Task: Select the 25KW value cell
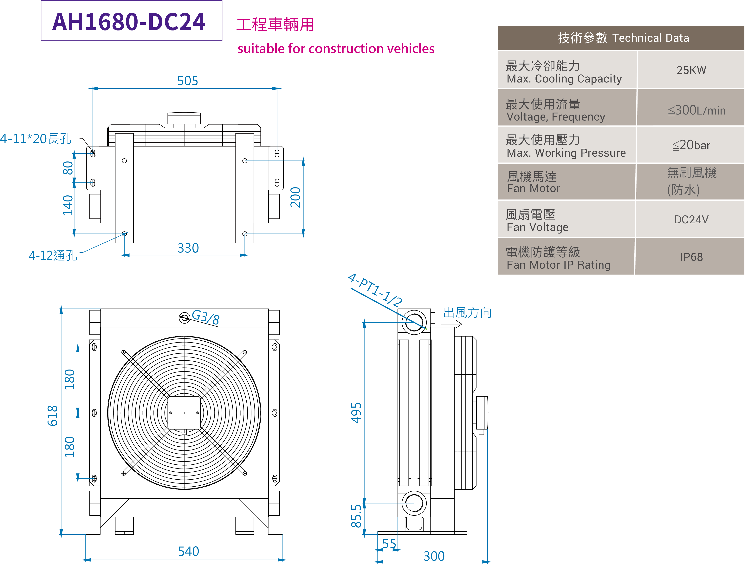(x=691, y=70)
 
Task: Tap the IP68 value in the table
(x=691, y=257)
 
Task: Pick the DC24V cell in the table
(x=691, y=220)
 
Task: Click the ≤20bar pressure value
(x=691, y=145)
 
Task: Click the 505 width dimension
(x=188, y=81)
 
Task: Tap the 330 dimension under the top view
(x=188, y=248)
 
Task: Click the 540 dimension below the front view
(x=189, y=551)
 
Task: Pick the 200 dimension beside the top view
(x=295, y=197)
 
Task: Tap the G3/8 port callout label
(x=205, y=317)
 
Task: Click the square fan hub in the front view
(x=184, y=413)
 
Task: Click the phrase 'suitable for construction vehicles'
(x=336, y=49)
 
